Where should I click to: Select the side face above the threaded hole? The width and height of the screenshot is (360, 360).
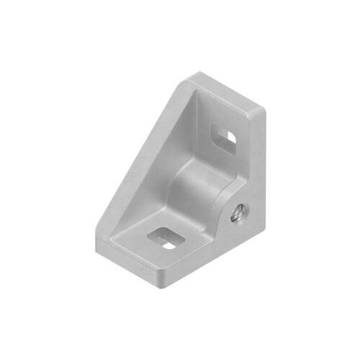(252, 166)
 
